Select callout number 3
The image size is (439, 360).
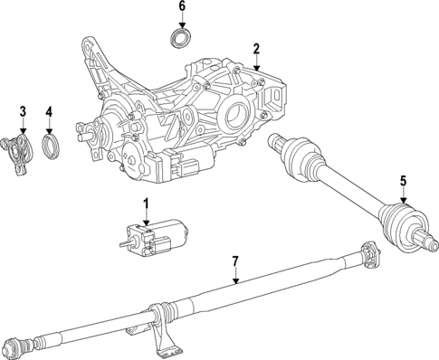[24, 112]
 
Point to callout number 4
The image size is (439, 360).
[51, 112]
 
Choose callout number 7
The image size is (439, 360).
[234, 261]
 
